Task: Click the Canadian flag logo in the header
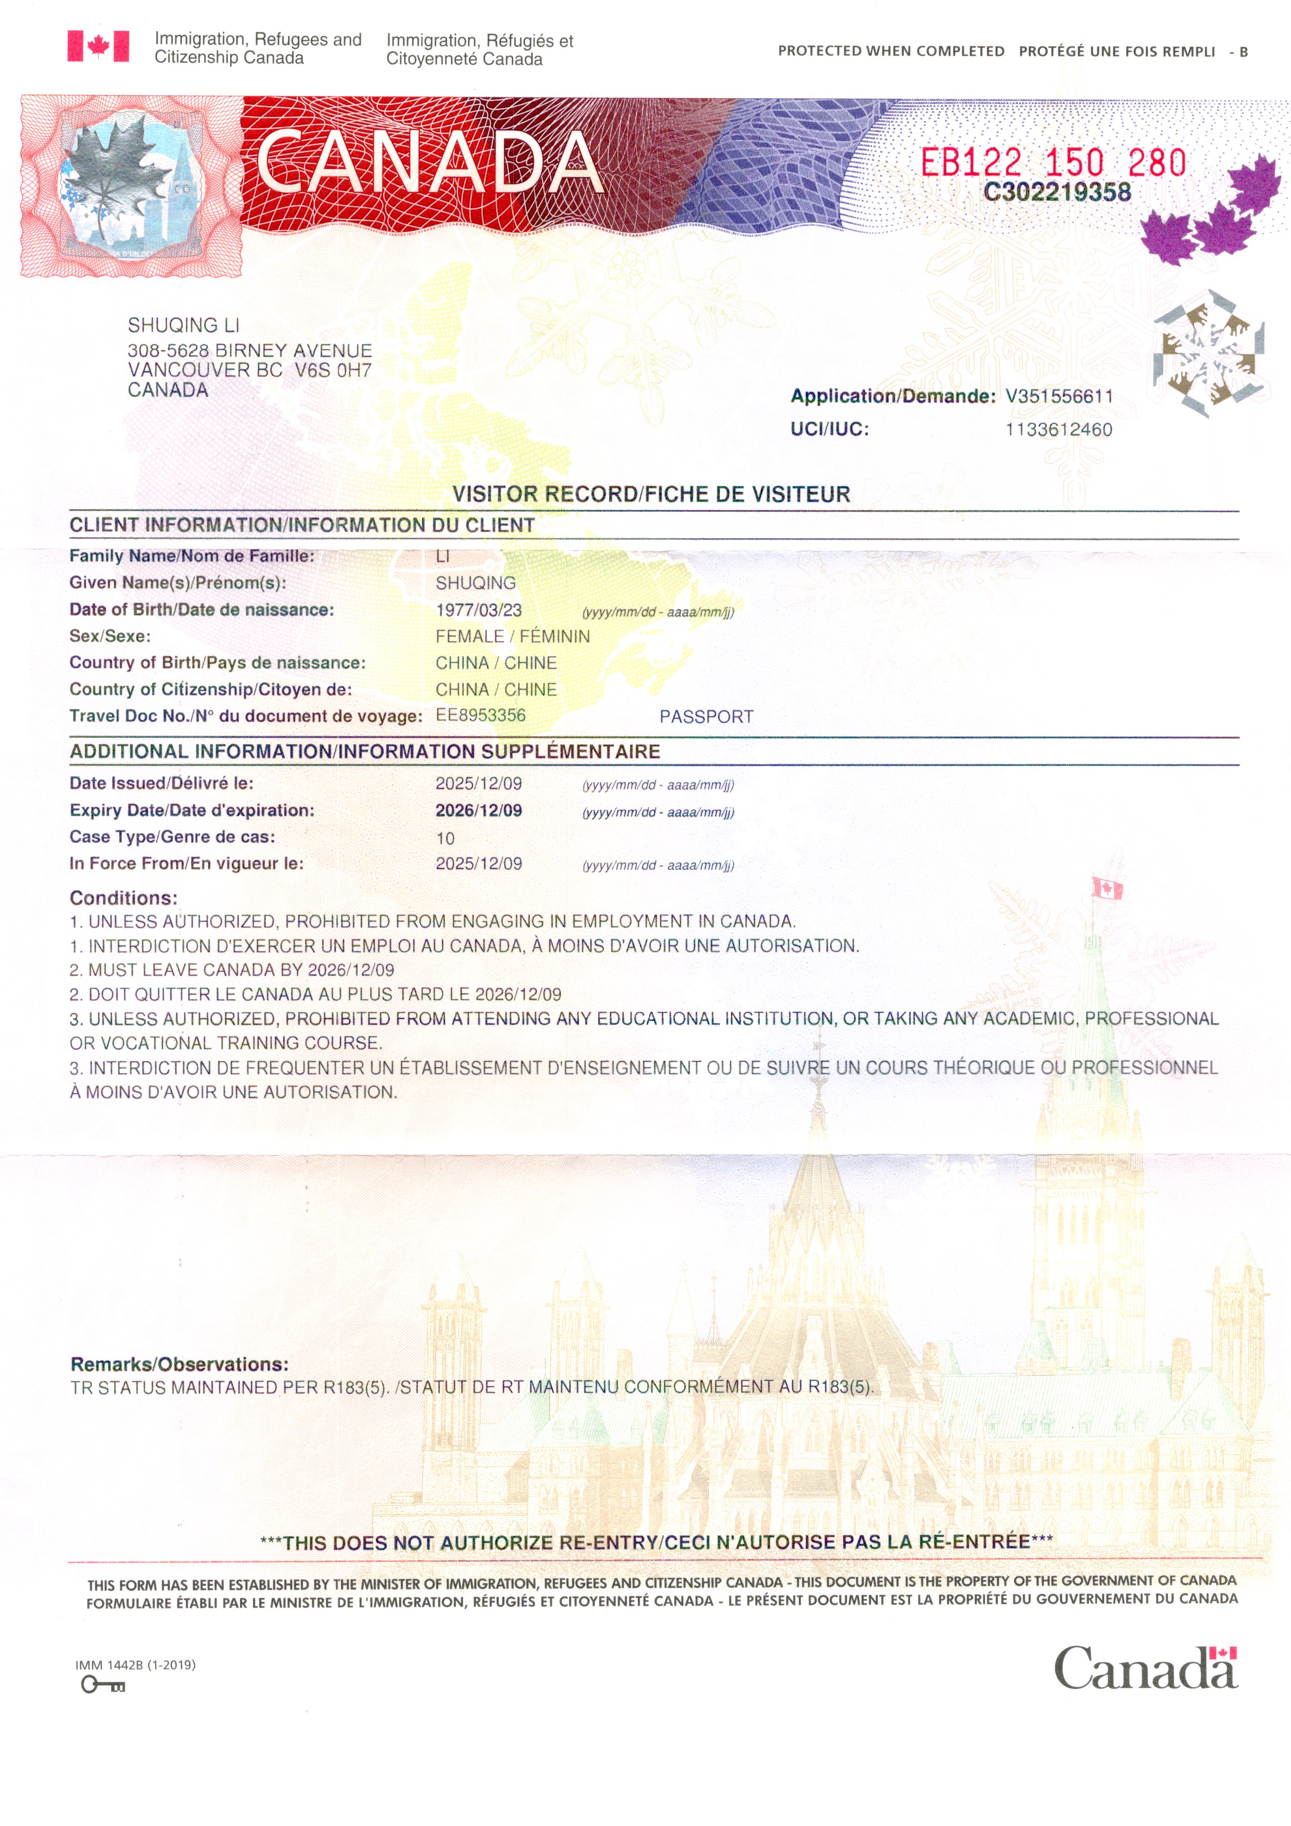(98, 46)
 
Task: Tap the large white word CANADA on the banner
(427, 162)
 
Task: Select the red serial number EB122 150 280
(1053, 163)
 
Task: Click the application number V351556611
(1059, 396)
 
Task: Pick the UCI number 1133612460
(1059, 429)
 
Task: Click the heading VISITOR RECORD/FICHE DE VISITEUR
(651, 494)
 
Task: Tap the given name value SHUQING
(475, 583)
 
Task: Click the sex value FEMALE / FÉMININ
(512, 636)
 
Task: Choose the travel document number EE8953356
(480, 715)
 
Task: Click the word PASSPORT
(705, 717)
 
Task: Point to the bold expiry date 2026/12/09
(478, 810)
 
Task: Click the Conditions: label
(123, 898)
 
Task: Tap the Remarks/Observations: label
(179, 1364)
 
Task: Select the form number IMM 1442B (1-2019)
(135, 1665)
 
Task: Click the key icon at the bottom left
(103, 1684)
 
